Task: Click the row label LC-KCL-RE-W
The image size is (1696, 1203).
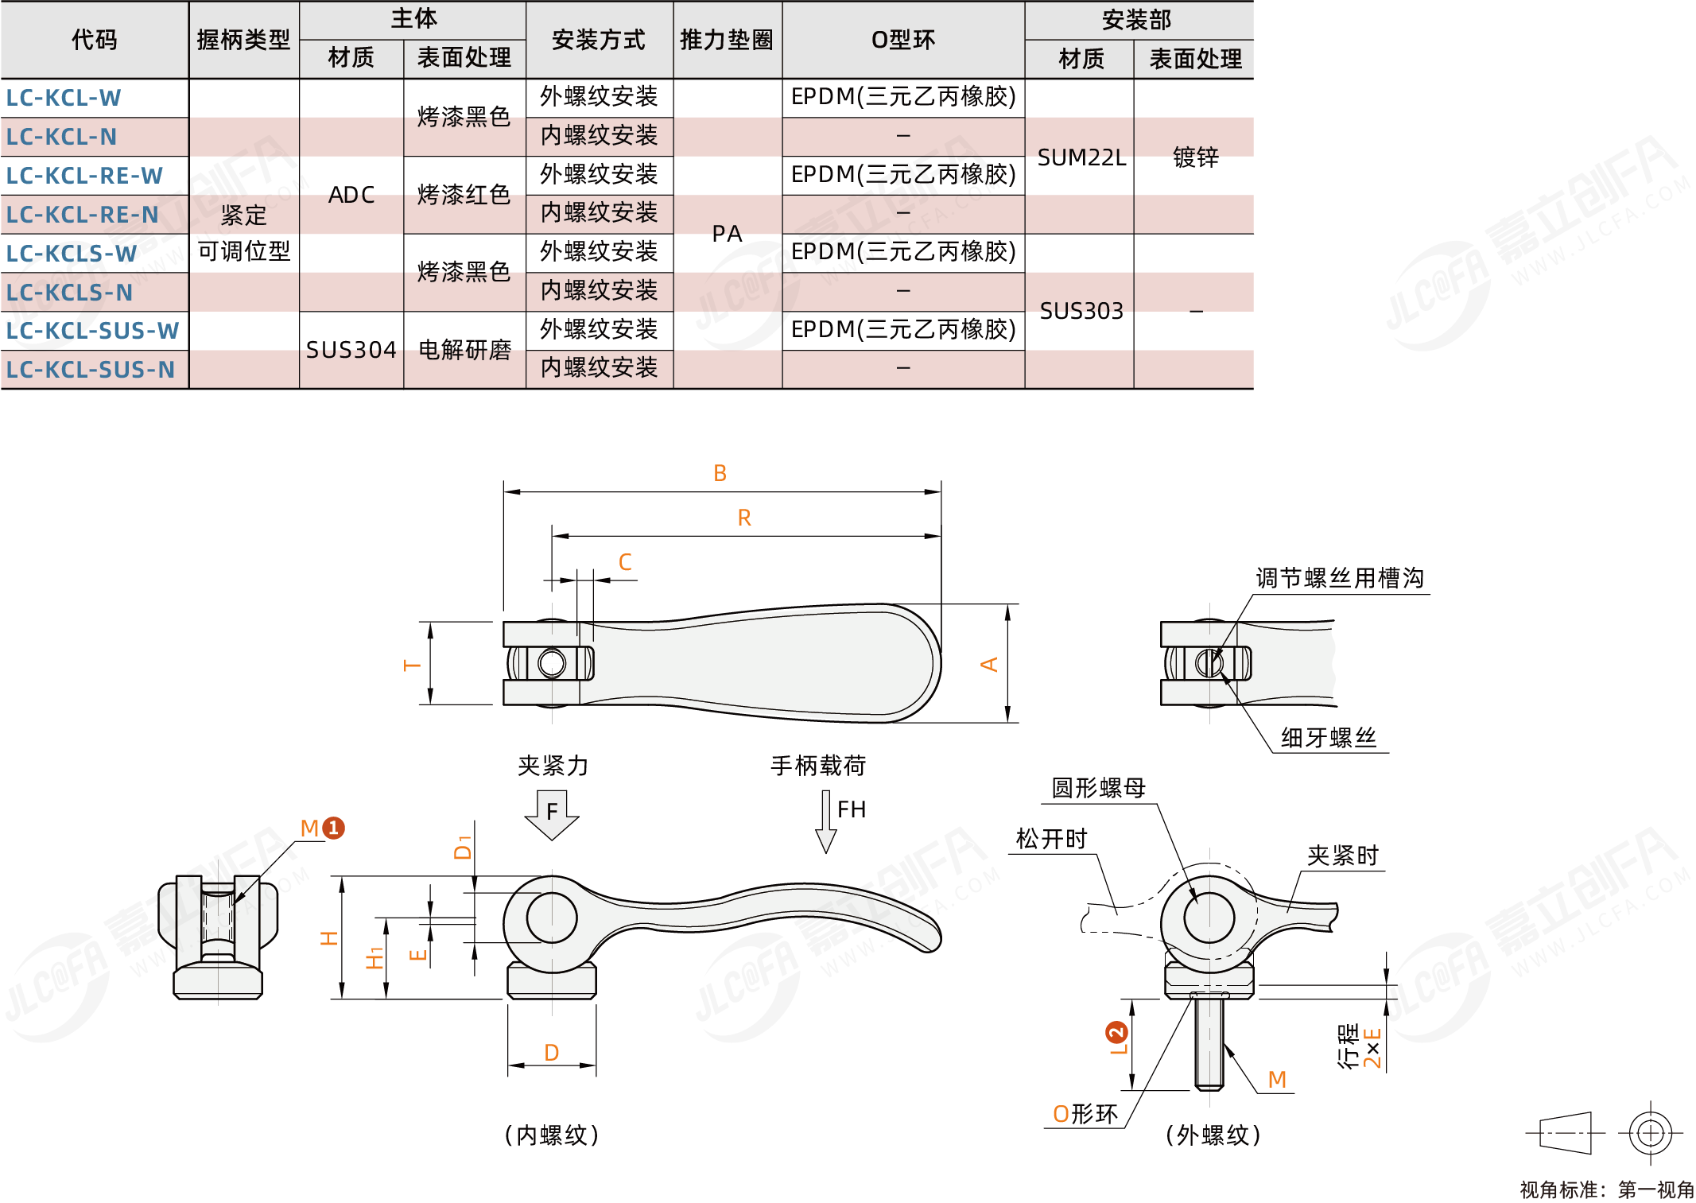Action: (x=84, y=176)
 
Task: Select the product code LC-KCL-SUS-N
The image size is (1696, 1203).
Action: (x=90, y=370)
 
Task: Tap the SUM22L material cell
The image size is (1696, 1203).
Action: (x=1081, y=157)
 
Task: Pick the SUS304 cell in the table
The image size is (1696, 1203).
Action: (x=351, y=350)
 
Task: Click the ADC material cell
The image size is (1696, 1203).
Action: (x=351, y=195)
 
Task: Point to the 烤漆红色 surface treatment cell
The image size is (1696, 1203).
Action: (x=464, y=195)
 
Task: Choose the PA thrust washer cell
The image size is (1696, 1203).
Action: (x=727, y=234)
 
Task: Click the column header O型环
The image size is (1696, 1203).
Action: (x=902, y=40)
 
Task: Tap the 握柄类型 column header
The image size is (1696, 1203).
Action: (x=243, y=40)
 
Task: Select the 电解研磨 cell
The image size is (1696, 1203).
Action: (x=464, y=350)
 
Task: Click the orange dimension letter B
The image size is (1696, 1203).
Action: (x=720, y=474)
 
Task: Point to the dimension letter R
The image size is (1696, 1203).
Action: (x=744, y=518)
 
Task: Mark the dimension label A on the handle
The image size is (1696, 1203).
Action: (x=989, y=664)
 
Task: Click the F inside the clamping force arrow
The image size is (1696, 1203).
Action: (x=552, y=812)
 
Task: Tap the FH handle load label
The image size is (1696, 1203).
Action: (x=851, y=810)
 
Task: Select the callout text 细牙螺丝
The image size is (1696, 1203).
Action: (x=1328, y=738)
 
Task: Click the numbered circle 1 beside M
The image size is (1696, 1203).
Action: (x=334, y=828)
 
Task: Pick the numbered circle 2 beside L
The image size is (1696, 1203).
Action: (x=1116, y=1033)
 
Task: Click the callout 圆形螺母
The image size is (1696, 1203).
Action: (x=1098, y=788)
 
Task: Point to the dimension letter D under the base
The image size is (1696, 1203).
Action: (x=551, y=1053)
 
